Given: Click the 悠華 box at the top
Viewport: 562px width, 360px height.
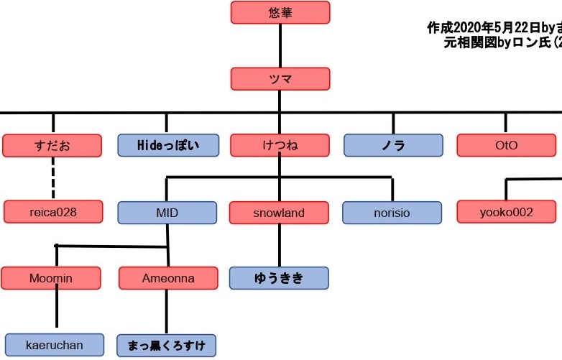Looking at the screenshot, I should coord(280,12).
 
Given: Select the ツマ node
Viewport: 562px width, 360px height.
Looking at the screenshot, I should coord(280,79).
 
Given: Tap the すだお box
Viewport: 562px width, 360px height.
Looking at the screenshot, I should coord(52,145).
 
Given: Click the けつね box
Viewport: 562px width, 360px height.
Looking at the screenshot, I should coord(280,145).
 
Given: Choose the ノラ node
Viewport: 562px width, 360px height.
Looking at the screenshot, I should coord(393,145).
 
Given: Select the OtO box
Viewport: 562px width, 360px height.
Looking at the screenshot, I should coord(506,145).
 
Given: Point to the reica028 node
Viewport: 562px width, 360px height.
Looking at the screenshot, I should coord(53,212).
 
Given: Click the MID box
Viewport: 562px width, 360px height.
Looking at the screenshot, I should coord(167,213).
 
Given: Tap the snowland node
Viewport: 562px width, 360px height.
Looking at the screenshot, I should coord(279,213).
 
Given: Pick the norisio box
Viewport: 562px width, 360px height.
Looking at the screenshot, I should coord(392,213).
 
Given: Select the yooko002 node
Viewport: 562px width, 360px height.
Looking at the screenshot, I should coord(507,212).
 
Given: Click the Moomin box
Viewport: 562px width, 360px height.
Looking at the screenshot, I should coord(51,278).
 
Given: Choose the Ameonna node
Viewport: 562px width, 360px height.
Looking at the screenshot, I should coord(167,278).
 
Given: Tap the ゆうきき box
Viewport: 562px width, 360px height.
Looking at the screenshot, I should coord(279,278).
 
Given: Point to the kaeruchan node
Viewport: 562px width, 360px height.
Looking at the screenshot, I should coord(55,345).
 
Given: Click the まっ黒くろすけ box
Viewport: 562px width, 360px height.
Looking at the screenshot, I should coord(167,346).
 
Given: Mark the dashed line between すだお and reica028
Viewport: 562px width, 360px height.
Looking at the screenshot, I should coord(53,179).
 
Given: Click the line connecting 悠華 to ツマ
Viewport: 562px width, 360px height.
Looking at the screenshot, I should coord(280,45).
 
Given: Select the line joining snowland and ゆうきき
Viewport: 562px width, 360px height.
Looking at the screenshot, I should coord(280,245).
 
